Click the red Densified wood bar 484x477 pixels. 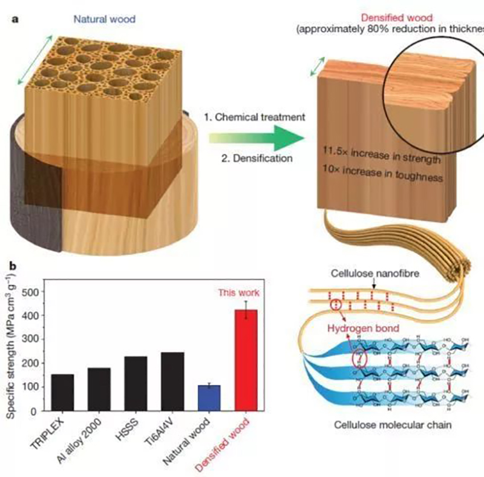pyautogui.click(x=246, y=360)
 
